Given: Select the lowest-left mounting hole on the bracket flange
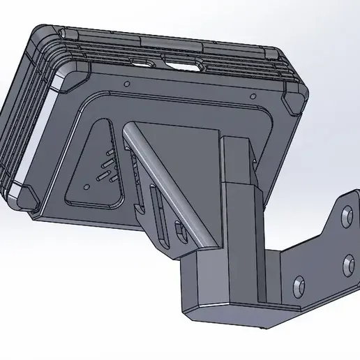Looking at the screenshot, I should pos(299,284).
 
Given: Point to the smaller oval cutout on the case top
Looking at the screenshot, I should pos(149,63).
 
